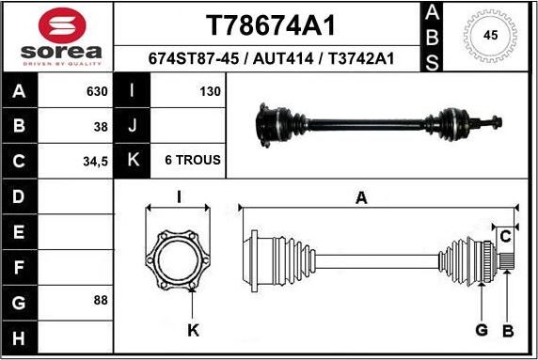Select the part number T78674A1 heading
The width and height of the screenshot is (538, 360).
pyautogui.click(x=270, y=23)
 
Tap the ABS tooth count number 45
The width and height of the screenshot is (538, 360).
pyautogui.click(x=489, y=36)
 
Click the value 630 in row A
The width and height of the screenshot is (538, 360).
pyautogui.click(x=96, y=92)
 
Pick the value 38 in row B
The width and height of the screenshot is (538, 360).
pyautogui.click(x=100, y=126)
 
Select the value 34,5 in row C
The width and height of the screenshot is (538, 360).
pyautogui.click(x=95, y=161)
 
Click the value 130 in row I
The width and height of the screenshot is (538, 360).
pyautogui.click(x=210, y=92)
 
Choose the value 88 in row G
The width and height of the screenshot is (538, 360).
pyautogui.click(x=100, y=300)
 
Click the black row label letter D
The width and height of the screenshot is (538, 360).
pyautogui.click(x=19, y=196)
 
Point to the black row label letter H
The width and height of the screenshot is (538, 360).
pyautogui.click(x=19, y=336)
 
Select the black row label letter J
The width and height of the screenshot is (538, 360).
pyautogui.click(x=133, y=126)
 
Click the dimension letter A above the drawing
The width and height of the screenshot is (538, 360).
pyautogui.click(x=360, y=197)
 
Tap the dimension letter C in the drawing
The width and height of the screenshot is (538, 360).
pyautogui.click(x=504, y=235)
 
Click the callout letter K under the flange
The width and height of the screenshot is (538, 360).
pyautogui.click(x=193, y=330)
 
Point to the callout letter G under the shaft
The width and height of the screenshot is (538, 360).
pyautogui.click(x=481, y=330)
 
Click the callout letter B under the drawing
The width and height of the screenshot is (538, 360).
pyautogui.click(x=508, y=330)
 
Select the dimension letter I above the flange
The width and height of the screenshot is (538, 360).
pyautogui.click(x=179, y=196)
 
